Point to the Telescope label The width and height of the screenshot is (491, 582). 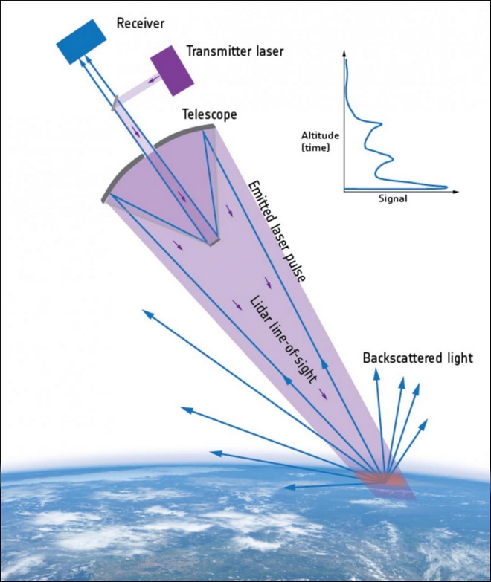point(210,115)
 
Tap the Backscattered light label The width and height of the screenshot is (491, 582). point(417,358)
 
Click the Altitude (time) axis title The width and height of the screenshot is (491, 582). point(320,142)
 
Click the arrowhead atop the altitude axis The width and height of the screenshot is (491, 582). point(344,55)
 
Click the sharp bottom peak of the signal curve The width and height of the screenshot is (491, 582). point(445,185)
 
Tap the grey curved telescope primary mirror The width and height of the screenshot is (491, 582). point(149,155)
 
